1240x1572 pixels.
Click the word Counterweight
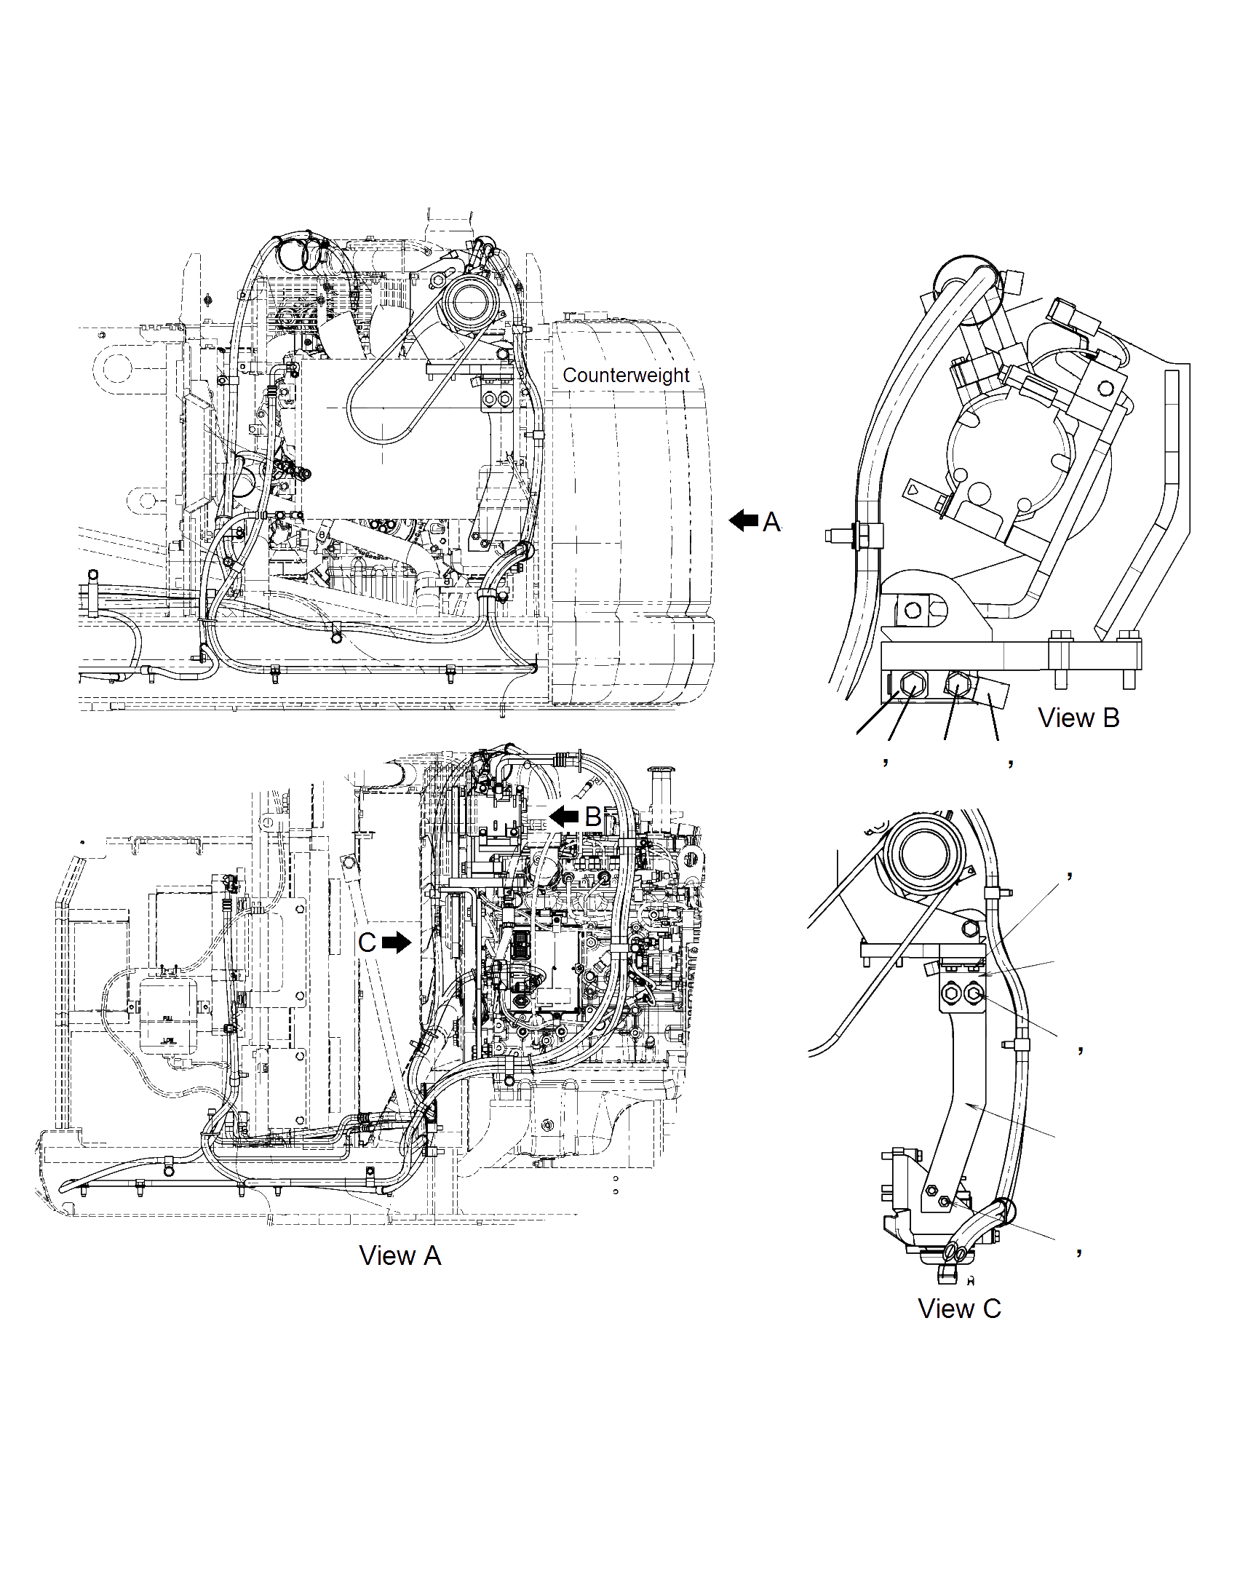pyautogui.click(x=626, y=376)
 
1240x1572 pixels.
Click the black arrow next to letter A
pyautogui.click(x=744, y=520)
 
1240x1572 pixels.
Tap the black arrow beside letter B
pyautogui.click(x=564, y=817)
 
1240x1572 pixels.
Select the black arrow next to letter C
pyautogui.click(x=397, y=943)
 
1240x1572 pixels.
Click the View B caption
pyautogui.click(x=1078, y=718)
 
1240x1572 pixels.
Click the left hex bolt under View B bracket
pyautogui.click(x=913, y=684)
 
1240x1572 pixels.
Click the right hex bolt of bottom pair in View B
pyautogui.click(x=957, y=684)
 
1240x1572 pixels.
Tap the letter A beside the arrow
pyautogui.click(x=771, y=522)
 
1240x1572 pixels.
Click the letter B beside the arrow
pyautogui.click(x=593, y=817)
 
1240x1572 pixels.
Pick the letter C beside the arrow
pyautogui.click(x=367, y=943)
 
